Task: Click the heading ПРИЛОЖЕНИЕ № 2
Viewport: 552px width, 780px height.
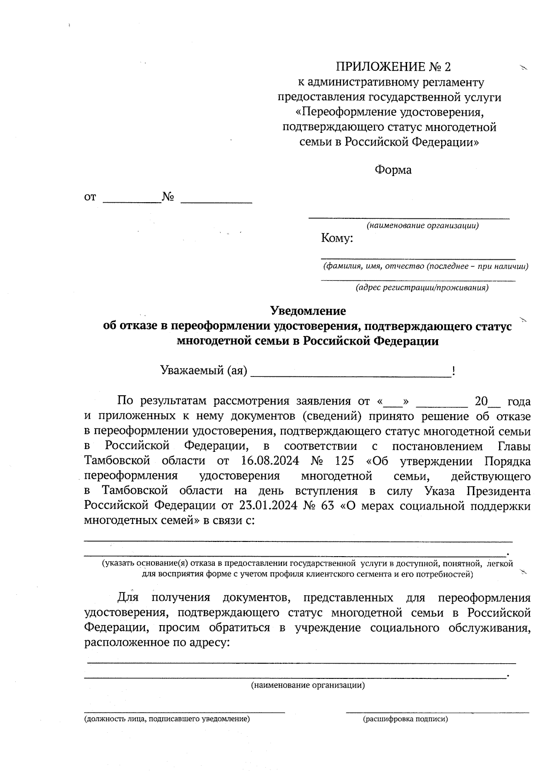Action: click(393, 67)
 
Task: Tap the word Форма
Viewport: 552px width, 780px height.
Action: click(393, 170)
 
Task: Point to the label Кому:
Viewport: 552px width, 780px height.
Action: click(337, 239)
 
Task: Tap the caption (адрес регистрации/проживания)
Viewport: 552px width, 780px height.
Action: click(422, 288)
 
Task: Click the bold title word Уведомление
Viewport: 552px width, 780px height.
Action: click(308, 311)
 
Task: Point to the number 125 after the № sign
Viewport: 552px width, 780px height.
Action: click(345, 461)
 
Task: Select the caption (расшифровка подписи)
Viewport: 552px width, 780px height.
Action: click(405, 719)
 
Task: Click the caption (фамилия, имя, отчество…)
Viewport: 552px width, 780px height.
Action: click(425, 266)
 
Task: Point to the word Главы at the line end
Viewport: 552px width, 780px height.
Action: click(514, 446)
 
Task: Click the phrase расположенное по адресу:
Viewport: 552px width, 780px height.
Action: click(156, 643)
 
